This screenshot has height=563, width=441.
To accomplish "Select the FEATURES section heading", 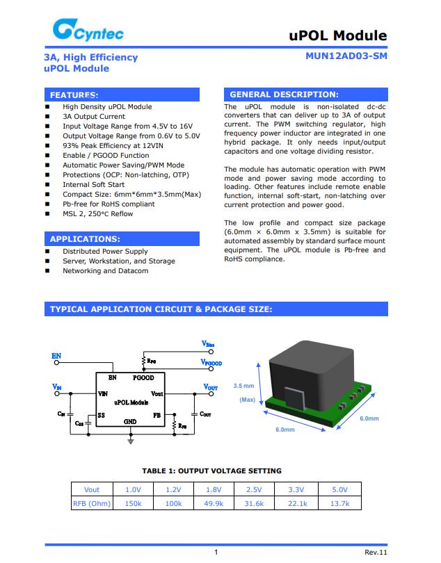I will coord(74,95).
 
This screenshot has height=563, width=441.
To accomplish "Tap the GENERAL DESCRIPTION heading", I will coord(284,95).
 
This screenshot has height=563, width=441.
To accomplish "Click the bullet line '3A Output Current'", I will coord(94,117).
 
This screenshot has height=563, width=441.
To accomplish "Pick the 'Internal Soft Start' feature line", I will coord(94,185).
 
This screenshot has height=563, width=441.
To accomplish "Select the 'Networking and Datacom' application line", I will coord(105,271).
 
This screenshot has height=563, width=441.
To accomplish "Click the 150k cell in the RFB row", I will coord(133,504).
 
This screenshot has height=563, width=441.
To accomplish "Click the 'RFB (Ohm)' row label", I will coord(92,504).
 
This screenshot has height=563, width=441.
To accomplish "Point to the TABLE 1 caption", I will coord(211,471).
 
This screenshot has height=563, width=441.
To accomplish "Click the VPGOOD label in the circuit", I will coord(211,363).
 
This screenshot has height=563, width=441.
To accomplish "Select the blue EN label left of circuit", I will coord(56,355).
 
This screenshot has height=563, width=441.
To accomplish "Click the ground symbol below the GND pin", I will coord(131,439).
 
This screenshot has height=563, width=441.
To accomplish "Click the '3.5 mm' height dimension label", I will coord(243,386).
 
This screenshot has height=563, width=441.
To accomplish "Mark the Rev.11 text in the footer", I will coord(376,552).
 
